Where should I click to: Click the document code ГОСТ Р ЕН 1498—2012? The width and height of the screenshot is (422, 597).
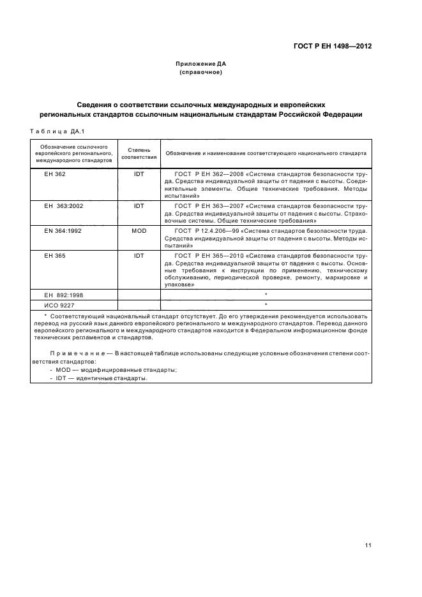point(332,47)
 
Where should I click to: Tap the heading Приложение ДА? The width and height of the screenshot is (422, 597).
point(200,64)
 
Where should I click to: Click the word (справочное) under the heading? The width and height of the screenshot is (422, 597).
point(200,72)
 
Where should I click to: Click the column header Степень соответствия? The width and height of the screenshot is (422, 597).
point(139,153)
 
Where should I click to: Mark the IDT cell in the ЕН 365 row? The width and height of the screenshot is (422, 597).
point(139,255)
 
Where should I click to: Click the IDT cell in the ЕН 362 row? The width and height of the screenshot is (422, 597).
point(139,173)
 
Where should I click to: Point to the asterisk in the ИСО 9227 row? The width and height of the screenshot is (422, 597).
point(265,304)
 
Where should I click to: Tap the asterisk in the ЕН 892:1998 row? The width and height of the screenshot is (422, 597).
point(265,294)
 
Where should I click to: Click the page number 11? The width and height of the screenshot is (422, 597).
point(368,545)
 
